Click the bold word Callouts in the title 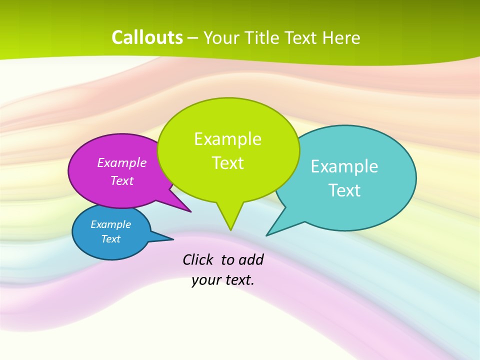[147, 37]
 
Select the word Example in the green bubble [227, 139]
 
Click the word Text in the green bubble [227, 163]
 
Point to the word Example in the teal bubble [344, 166]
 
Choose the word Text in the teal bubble [344, 190]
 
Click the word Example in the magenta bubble [122, 163]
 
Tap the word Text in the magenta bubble [122, 181]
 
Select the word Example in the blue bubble [110, 224]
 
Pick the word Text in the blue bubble [110, 239]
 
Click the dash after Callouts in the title [193, 38]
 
